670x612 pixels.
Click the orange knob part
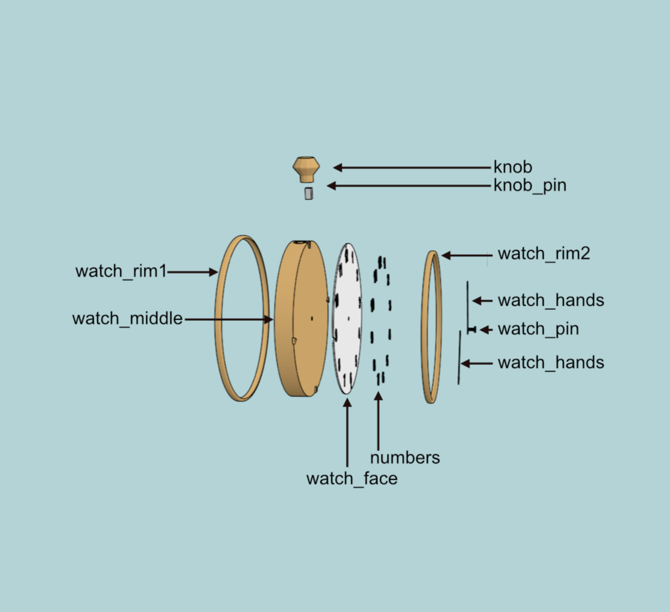click(306, 169)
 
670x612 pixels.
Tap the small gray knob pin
click(309, 193)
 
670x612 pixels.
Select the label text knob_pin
click(530, 185)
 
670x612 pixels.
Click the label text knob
click(513, 167)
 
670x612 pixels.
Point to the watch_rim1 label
click(121, 271)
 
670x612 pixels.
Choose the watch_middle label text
click(128, 318)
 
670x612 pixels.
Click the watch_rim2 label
click(544, 254)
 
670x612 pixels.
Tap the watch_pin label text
click(538, 329)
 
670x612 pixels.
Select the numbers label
click(405, 458)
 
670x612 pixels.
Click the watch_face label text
click(352, 479)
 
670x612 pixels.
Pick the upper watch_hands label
click(551, 300)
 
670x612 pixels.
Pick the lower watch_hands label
click(551, 362)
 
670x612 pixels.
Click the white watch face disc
click(347, 318)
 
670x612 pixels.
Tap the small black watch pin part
click(472, 329)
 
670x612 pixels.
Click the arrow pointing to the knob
click(412, 168)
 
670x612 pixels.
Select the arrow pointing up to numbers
click(378, 421)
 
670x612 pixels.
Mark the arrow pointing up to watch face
click(347, 433)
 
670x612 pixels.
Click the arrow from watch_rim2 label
click(467, 256)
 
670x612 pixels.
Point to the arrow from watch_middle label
click(229, 319)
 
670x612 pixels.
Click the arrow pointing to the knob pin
click(409, 185)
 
